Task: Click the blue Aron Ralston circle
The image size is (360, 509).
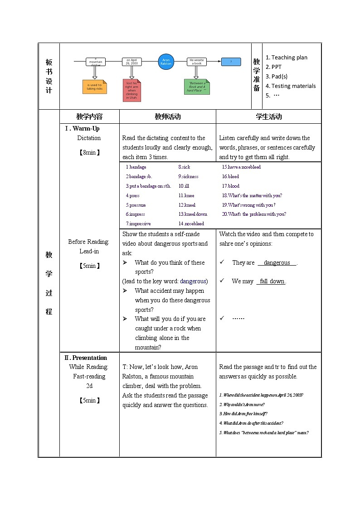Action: tap(166, 62)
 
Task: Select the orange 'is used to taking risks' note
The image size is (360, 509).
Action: tap(95, 87)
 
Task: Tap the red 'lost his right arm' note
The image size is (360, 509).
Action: tap(131, 90)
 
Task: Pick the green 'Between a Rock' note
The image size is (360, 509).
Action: tap(196, 87)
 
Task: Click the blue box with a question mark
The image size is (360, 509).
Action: tap(231, 62)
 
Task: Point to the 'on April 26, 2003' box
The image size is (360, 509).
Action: tap(131, 62)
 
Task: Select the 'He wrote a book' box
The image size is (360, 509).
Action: tap(196, 62)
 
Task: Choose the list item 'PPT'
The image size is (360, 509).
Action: tap(276, 67)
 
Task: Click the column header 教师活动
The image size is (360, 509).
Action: tap(167, 116)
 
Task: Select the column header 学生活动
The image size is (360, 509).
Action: tap(268, 116)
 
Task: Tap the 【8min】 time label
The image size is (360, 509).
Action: tap(89, 152)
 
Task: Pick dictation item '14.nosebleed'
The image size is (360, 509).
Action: tap(191, 223)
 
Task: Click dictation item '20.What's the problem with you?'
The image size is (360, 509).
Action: tap(254, 214)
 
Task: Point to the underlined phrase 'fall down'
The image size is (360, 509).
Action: tap(272, 281)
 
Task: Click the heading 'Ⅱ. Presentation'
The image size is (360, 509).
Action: tap(86, 358)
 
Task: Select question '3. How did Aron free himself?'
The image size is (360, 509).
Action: tap(243, 413)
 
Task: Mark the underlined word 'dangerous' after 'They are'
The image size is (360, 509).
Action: tap(277, 262)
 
